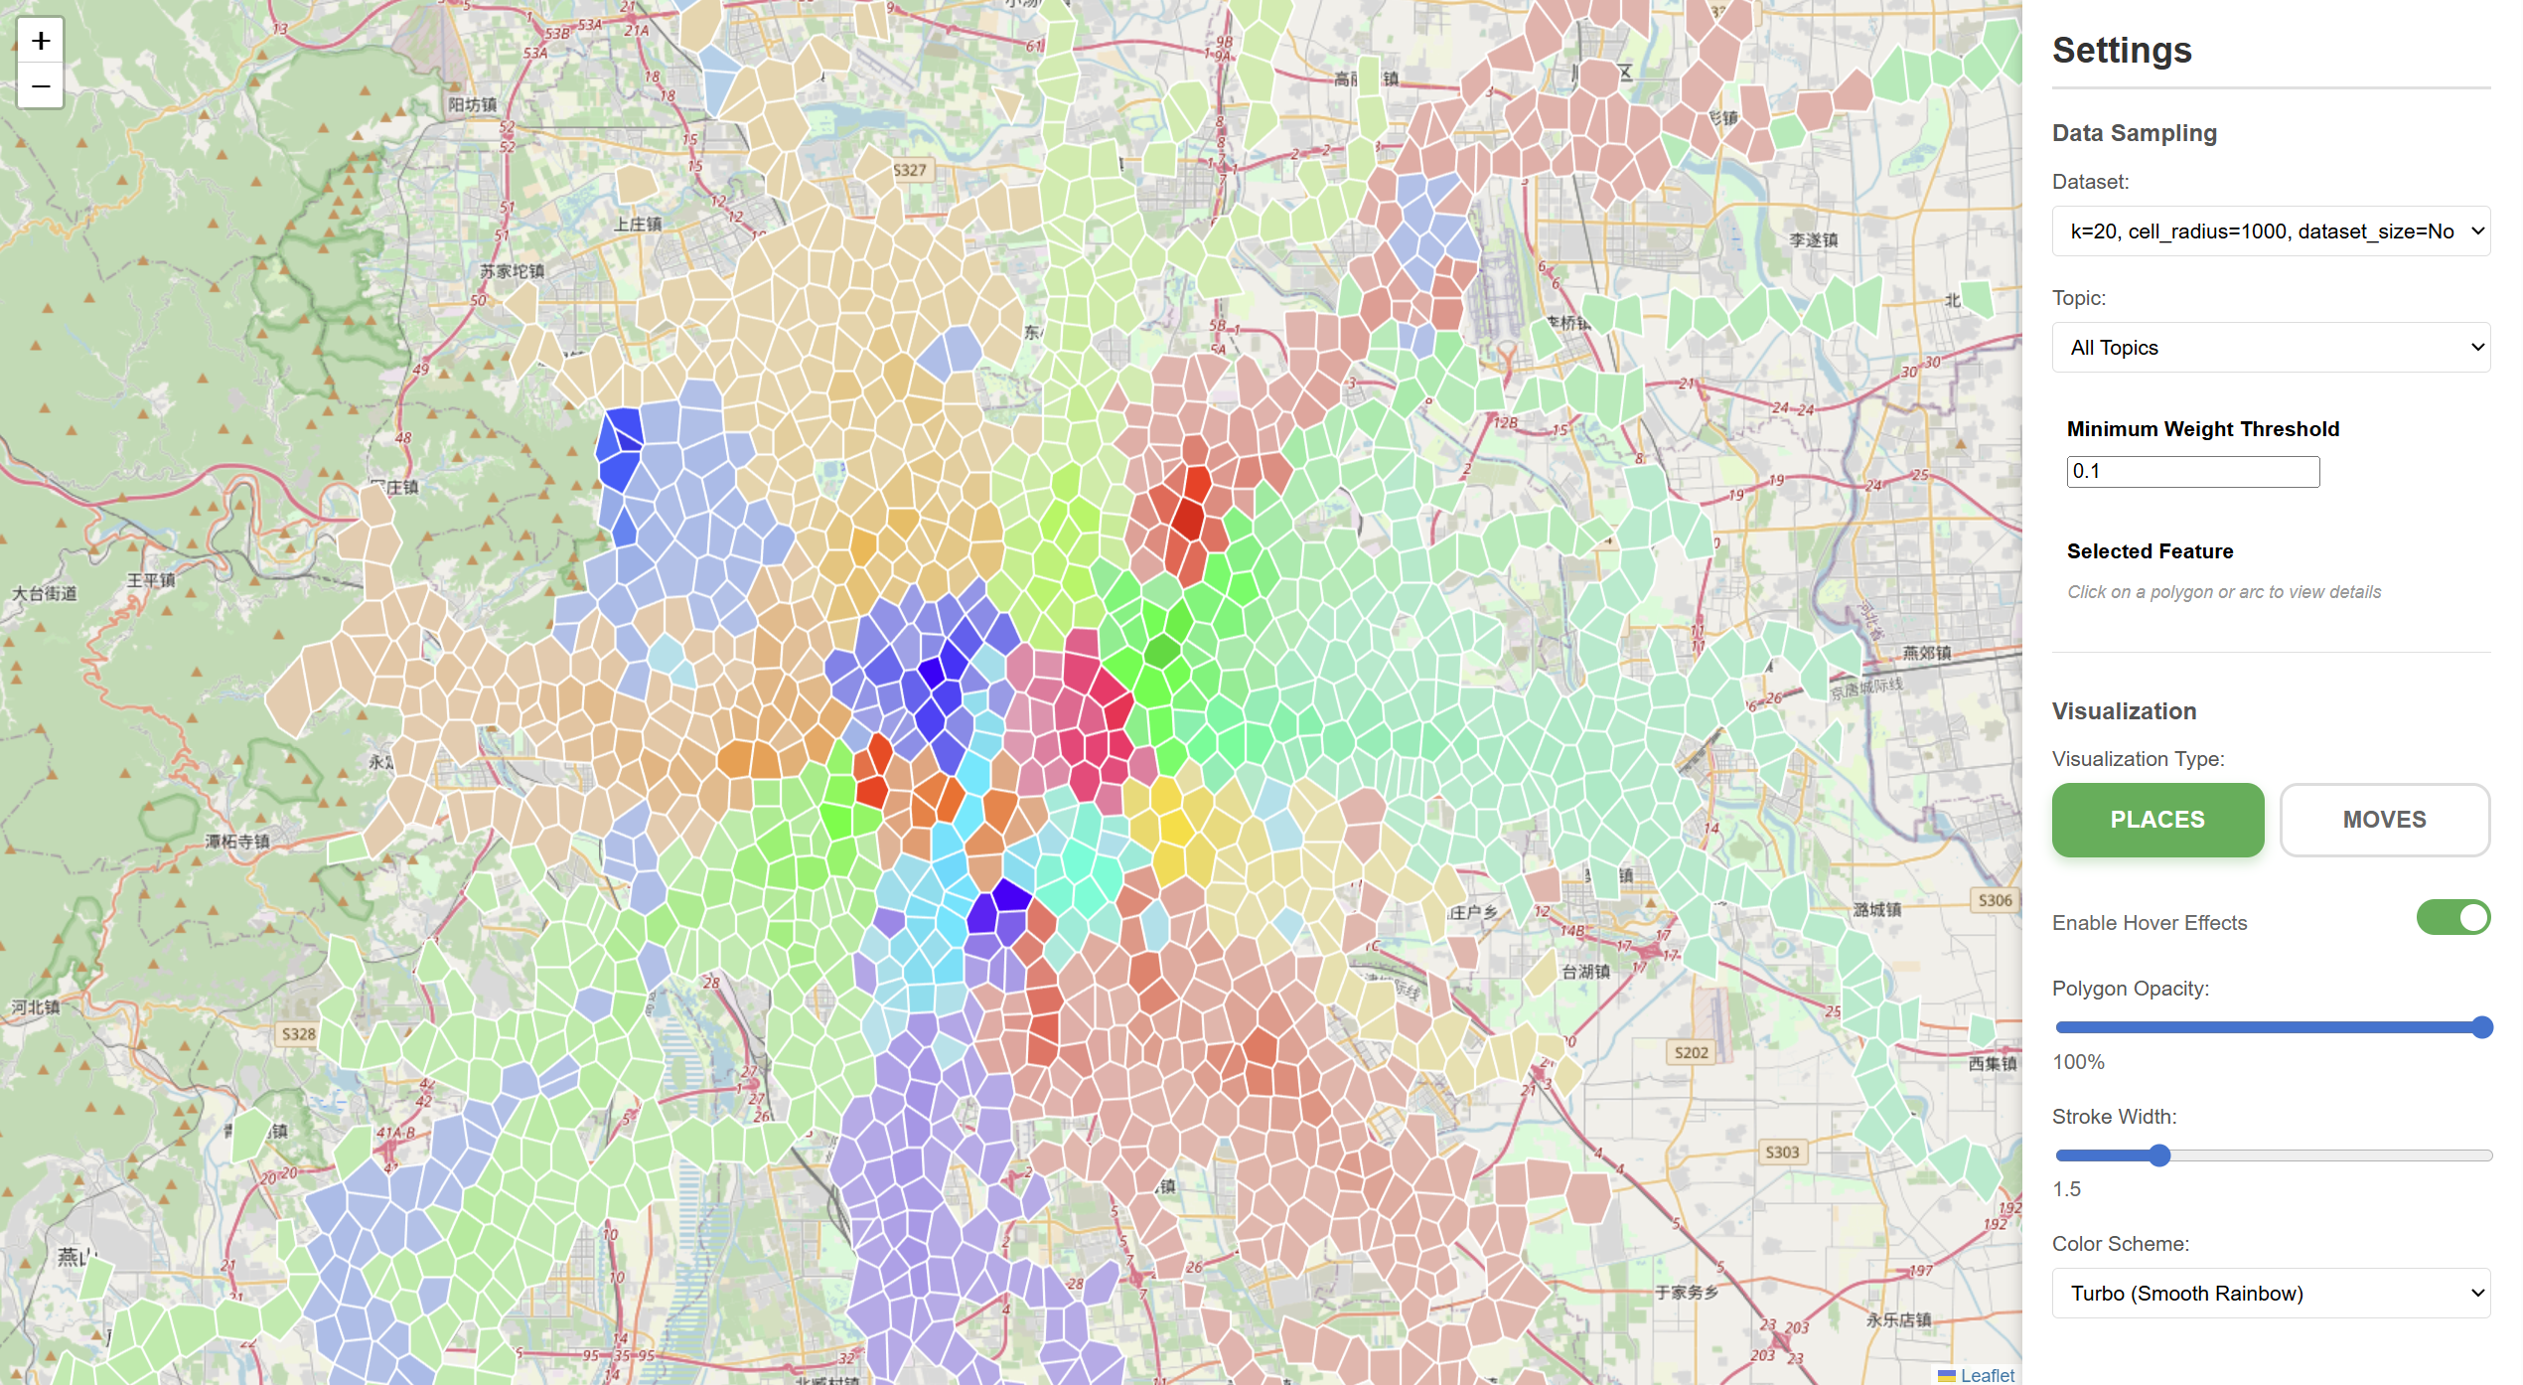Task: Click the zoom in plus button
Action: click(41, 41)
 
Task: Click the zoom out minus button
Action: click(41, 86)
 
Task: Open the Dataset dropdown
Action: click(2271, 231)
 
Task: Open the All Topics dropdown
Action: click(2271, 348)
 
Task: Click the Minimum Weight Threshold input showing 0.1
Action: click(2192, 472)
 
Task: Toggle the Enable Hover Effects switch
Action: click(2452, 918)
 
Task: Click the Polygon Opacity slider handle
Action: click(2481, 1027)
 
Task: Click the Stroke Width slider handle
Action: click(2159, 1155)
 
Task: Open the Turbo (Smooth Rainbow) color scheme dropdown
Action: click(2271, 1294)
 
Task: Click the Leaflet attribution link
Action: click(1987, 1375)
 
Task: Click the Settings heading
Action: click(2122, 51)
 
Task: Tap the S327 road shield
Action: click(909, 170)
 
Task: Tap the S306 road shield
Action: click(1995, 900)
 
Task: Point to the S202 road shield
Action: click(1691, 1052)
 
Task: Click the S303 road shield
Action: click(1781, 1152)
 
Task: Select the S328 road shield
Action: click(298, 1034)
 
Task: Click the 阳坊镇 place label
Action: click(472, 104)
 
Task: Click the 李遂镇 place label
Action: click(1813, 240)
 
